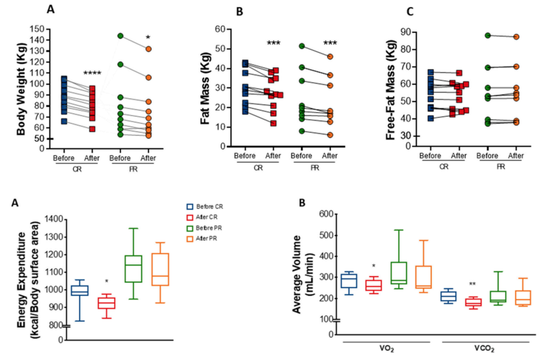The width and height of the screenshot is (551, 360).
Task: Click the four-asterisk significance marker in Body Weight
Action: coord(92,73)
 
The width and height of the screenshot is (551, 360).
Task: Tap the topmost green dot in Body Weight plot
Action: coord(120,36)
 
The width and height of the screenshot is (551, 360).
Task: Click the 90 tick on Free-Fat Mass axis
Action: coord(405,33)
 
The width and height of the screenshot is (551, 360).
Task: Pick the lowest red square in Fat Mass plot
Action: coord(273,123)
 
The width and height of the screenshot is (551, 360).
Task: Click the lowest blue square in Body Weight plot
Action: coord(64,121)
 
